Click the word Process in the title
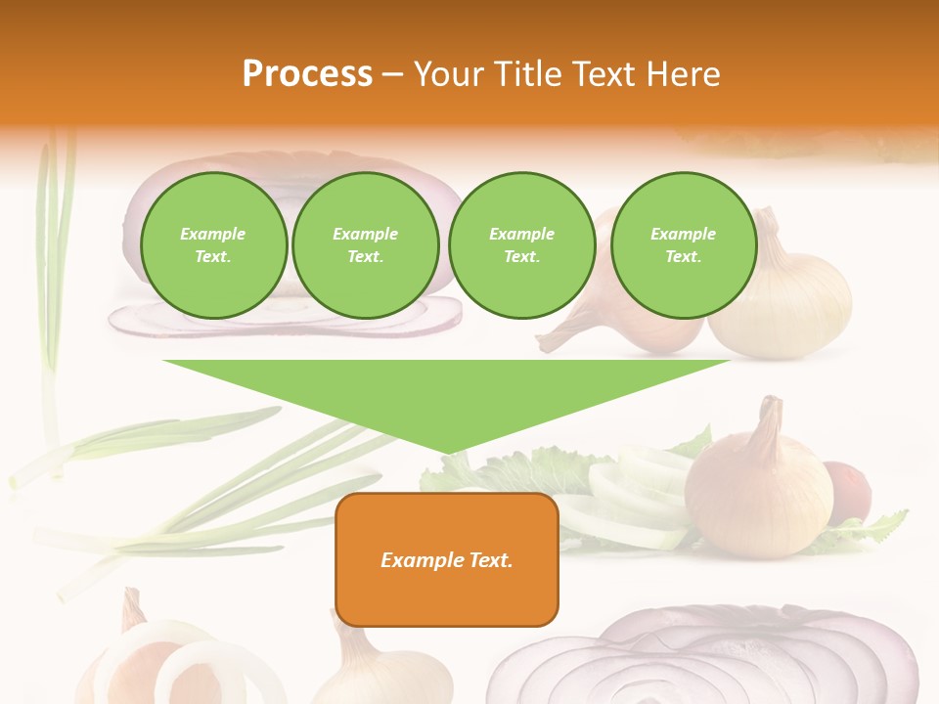tap(307, 74)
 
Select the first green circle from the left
tap(213, 245)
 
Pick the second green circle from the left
tap(365, 245)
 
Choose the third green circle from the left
tap(521, 245)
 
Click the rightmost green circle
tap(683, 245)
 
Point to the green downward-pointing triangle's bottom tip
tap(448, 451)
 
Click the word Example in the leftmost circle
tap(213, 234)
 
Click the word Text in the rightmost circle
tap(683, 257)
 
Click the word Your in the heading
tap(448, 74)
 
